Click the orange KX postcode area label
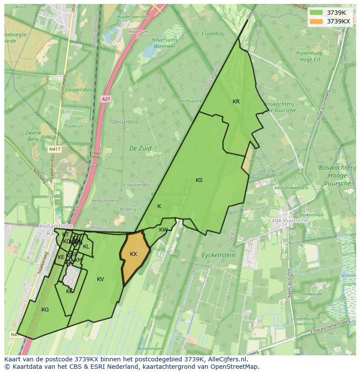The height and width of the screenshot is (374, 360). (133, 254)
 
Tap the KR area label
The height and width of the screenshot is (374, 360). (236, 102)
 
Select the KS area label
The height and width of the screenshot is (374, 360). (199, 180)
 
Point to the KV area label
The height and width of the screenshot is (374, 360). (100, 279)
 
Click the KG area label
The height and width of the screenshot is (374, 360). (45, 310)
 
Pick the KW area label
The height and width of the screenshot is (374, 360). (163, 230)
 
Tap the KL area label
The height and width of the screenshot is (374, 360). (86, 247)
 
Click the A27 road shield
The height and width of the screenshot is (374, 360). (106, 99)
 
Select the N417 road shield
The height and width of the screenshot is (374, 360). (54, 149)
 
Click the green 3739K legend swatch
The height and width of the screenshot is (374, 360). (316, 13)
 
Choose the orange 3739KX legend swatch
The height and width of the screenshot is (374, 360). (316, 21)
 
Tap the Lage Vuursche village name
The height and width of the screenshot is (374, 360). (301, 220)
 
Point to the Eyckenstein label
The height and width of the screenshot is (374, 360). (219, 255)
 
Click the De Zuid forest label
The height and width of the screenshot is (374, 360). (140, 148)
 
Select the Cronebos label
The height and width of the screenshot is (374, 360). (213, 33)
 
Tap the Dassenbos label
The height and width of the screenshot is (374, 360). (125, 122)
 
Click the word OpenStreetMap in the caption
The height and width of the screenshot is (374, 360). (235, 367)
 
